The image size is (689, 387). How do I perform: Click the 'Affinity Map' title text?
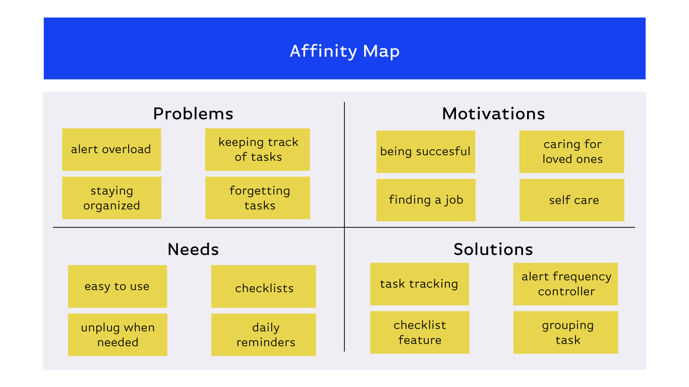344,51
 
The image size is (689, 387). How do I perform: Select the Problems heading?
193,114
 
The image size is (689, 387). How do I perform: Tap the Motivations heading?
493,114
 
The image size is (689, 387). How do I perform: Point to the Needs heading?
193,249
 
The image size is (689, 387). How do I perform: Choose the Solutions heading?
493,249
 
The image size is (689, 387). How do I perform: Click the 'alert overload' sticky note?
111,150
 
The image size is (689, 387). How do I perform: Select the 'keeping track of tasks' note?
257,150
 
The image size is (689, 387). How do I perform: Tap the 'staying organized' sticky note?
111,198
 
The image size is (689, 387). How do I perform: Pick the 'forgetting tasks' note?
257,198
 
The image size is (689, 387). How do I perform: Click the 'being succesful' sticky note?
426,152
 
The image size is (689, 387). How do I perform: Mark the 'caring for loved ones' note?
572,152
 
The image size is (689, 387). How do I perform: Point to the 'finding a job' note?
426,200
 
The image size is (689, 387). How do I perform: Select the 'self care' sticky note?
572,200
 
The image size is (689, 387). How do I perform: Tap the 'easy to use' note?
118,287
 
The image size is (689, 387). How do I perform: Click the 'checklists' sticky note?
264,287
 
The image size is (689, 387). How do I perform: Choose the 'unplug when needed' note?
118,335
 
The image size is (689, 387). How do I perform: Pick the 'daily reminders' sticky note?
264,335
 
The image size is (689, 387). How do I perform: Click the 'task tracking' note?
420,284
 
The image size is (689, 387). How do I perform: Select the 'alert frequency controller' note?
565,284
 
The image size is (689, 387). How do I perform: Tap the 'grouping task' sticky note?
565,332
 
